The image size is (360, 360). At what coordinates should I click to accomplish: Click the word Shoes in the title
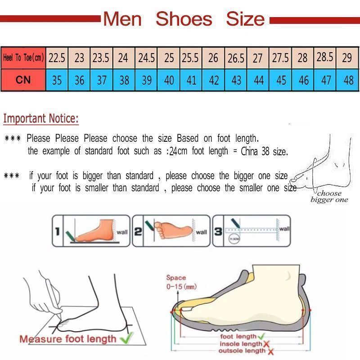tap(184, 19)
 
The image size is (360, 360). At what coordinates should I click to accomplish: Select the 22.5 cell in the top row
tap(57, 58)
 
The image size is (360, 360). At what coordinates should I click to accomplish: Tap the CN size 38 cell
tap(124, 80)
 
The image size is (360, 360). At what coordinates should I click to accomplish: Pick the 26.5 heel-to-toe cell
tap(236, 58)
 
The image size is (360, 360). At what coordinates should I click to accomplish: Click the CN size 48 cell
tap(348, 80)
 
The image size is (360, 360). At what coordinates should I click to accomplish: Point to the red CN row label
tap(23, 80)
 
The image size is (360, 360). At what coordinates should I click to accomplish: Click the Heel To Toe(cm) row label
tap(23, 58)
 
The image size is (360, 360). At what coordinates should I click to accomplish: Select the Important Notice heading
tap(41, 119)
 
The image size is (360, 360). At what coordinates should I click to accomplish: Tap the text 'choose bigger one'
tap(329, 197)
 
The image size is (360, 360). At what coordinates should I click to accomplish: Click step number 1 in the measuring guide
tap(57, 232)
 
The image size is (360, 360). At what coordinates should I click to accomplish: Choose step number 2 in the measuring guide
tap(138, 232)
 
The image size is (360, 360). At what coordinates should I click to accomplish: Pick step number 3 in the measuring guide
tap(218, 232)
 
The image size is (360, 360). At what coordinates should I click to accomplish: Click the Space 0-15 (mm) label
tap(180, 282)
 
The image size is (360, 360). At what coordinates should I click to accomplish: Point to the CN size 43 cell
tap(236, 80)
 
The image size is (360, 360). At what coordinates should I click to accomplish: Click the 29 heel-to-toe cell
tap(347, 58)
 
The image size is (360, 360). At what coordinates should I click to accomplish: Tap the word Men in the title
tap(122, 19)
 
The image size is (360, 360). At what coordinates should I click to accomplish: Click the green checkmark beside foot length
tap(261, 337)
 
